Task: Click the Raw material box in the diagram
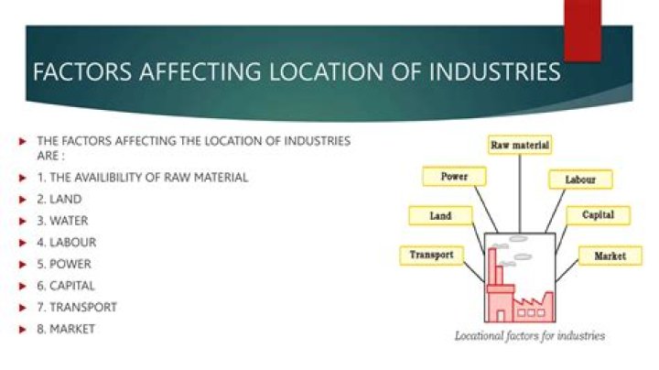(520, 146)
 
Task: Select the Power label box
(456, 176)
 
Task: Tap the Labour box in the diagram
(580, 180)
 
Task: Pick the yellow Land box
(441, 216)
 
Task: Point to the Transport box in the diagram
(431, 256)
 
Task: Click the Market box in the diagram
(610, 256)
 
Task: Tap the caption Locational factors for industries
(530, 336)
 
